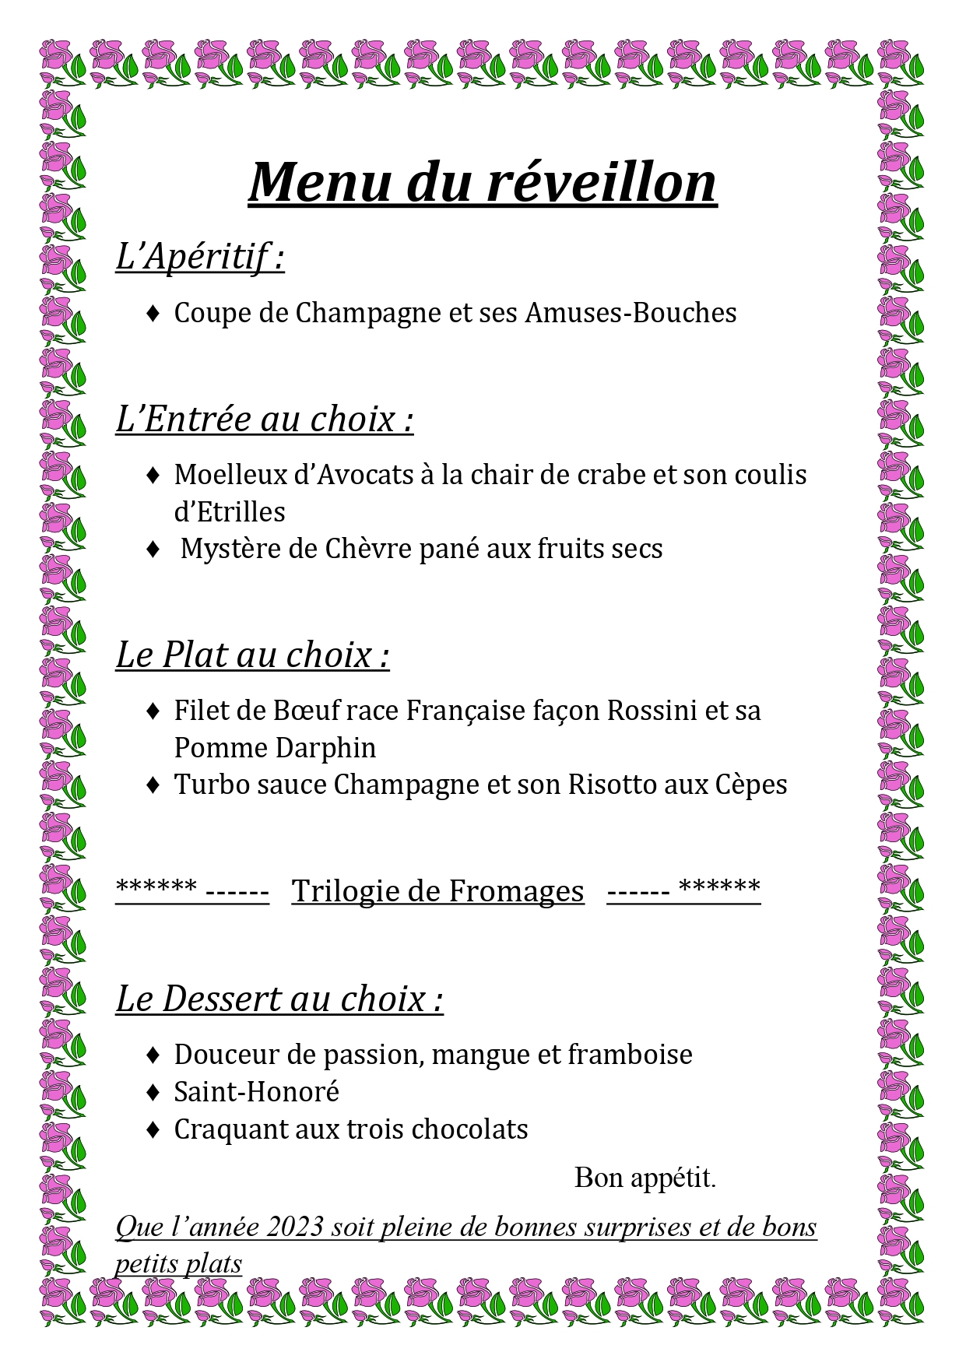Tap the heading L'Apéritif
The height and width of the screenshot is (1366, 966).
[x=199, y=256]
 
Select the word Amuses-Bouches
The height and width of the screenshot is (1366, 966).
[x=631, y=313]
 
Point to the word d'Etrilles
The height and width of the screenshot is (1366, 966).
[x=230, y=512]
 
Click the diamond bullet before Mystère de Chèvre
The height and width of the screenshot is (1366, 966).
[x=153, y=550]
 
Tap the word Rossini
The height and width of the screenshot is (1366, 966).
[x=652, y=711]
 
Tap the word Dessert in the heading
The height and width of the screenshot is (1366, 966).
[x=211, y=999]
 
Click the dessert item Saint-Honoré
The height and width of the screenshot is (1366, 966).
[x=257, y=1092]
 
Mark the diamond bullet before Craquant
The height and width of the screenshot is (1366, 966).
[x=153, y=1129]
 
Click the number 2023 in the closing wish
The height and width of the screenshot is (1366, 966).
[x=295, y=1227]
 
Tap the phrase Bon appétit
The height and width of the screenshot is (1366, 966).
[x=645, y=1178]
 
